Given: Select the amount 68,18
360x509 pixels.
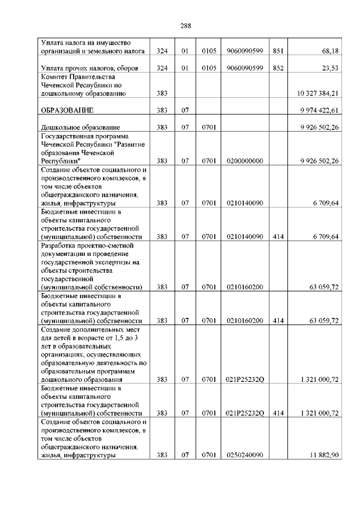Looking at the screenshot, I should pos(330,51).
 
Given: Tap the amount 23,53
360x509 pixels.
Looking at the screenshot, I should pos(330,68).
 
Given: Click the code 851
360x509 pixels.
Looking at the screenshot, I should pos(278,51).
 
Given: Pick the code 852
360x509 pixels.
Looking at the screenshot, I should pos(278,68).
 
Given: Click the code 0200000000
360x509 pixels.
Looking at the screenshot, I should pos(245,161).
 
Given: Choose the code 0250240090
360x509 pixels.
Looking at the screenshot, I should pos(245,456).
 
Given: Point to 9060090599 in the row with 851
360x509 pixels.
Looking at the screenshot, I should pos(245,51).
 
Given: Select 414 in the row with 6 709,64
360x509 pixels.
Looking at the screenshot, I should pos(278,237).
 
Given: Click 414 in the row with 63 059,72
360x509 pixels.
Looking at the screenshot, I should pos(278,321).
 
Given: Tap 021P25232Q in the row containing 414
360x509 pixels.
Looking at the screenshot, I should pos(245,413).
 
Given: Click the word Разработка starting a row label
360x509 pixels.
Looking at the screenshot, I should pos(61,246).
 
